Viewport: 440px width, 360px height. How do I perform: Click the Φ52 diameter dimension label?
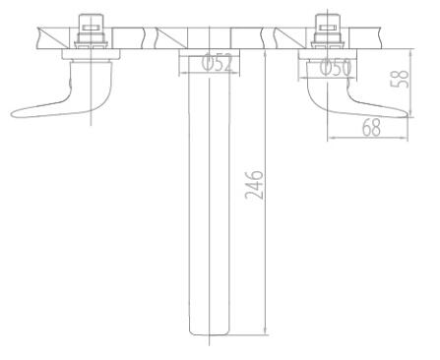[218, 63]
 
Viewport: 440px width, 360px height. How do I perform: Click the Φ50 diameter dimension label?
[335, 68]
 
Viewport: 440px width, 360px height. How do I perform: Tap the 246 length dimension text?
[254, 185]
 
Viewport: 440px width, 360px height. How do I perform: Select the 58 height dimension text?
[400, 79]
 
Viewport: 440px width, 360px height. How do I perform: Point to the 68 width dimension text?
[371, 128]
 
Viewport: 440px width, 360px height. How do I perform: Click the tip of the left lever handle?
[12, 114]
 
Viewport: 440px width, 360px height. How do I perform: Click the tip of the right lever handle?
[410, 115]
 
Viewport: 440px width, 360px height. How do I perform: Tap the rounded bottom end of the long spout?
[209, 332]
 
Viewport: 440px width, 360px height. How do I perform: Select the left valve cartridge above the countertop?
[91, 31]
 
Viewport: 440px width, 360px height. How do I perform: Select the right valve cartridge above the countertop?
[327, 31]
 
